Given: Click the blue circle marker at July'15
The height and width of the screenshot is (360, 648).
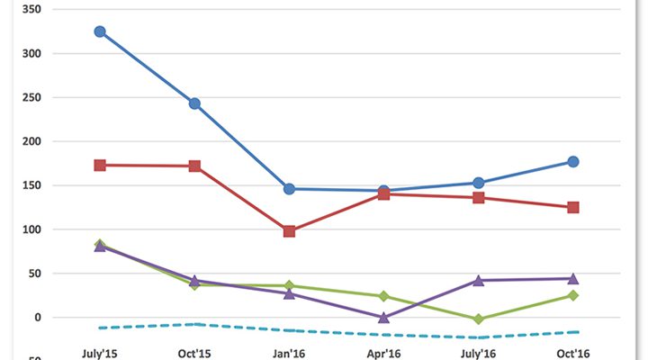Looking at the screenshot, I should (x=100, y=31).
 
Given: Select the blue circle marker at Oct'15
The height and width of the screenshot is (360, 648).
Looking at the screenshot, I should (x=194, y=103).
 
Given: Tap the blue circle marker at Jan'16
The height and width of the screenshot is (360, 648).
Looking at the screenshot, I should (x=289, y=189).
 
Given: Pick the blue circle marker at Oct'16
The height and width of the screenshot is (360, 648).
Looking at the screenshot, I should (x=572, y=162).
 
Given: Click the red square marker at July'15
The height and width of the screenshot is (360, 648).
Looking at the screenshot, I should (x=100, y=166).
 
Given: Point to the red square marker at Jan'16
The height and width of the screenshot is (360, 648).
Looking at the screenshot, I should (x=289, y=231).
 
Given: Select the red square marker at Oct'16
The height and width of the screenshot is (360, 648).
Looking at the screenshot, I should (x=572, y=208).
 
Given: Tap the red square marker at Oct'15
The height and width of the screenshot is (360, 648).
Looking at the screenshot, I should (x=194, y=166).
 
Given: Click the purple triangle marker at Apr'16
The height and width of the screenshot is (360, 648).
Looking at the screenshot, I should (x=383, y=317).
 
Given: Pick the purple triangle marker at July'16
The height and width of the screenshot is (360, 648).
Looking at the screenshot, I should (x=478, y=281).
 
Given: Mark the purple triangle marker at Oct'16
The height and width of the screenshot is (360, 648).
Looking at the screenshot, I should (x=572, y=278).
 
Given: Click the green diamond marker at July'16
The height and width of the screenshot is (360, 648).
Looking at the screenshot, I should (x=478, y=319).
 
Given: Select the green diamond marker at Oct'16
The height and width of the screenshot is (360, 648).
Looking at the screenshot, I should (x=572, y=295).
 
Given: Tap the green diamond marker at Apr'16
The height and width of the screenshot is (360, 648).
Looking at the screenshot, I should (x=383, y=296).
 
